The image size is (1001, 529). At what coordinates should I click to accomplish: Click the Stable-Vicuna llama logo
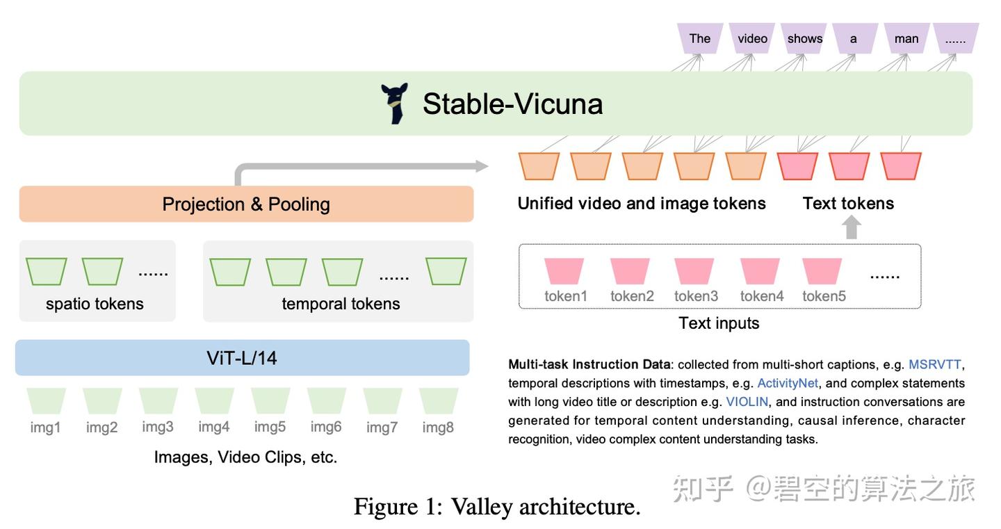tap(394, 104)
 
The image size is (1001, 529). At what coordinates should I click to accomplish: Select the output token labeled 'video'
tap(752, 38)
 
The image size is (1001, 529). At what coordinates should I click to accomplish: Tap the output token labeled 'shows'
tap(804, 38)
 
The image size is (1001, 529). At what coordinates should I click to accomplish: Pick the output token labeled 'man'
tap(906, 38)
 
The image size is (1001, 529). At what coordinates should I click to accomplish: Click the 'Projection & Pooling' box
tap(246, 204)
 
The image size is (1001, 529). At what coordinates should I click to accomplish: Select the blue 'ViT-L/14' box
tap(242, 358)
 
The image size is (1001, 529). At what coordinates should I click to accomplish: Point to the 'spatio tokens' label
tap(95, 304)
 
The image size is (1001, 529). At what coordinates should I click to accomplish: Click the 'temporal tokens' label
tap(341, 304)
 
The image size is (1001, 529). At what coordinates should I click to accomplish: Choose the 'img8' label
tap(438, 427)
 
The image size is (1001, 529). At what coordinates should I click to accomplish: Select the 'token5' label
tap(824, 296)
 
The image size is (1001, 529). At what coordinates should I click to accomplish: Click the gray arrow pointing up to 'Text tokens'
tap(852, 227)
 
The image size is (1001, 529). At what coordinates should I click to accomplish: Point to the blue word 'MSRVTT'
tap(935, 364)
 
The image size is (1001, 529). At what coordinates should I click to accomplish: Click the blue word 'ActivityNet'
tap(788, 383)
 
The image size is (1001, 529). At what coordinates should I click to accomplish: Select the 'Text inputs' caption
tap(719, 323)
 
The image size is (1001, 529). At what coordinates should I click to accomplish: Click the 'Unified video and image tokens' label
tap(642, 204)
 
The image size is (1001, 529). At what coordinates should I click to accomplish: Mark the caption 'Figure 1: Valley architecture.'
tap(497, 506)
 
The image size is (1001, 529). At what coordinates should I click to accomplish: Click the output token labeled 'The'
tap(699, 38)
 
